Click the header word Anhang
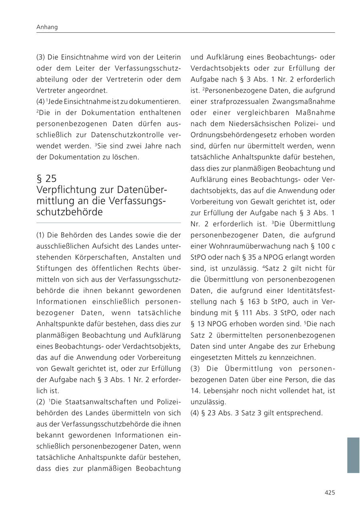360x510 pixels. [47, 27]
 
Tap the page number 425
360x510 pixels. [330, 493]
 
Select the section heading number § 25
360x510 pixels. [46, 178]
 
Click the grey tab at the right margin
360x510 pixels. [353, 455]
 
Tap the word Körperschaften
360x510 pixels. [88, 257]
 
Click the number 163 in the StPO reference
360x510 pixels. [255, 302]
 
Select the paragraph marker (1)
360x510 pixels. [41, 235]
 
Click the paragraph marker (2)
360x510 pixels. [41, 402]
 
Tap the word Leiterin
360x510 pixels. [168, 57]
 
